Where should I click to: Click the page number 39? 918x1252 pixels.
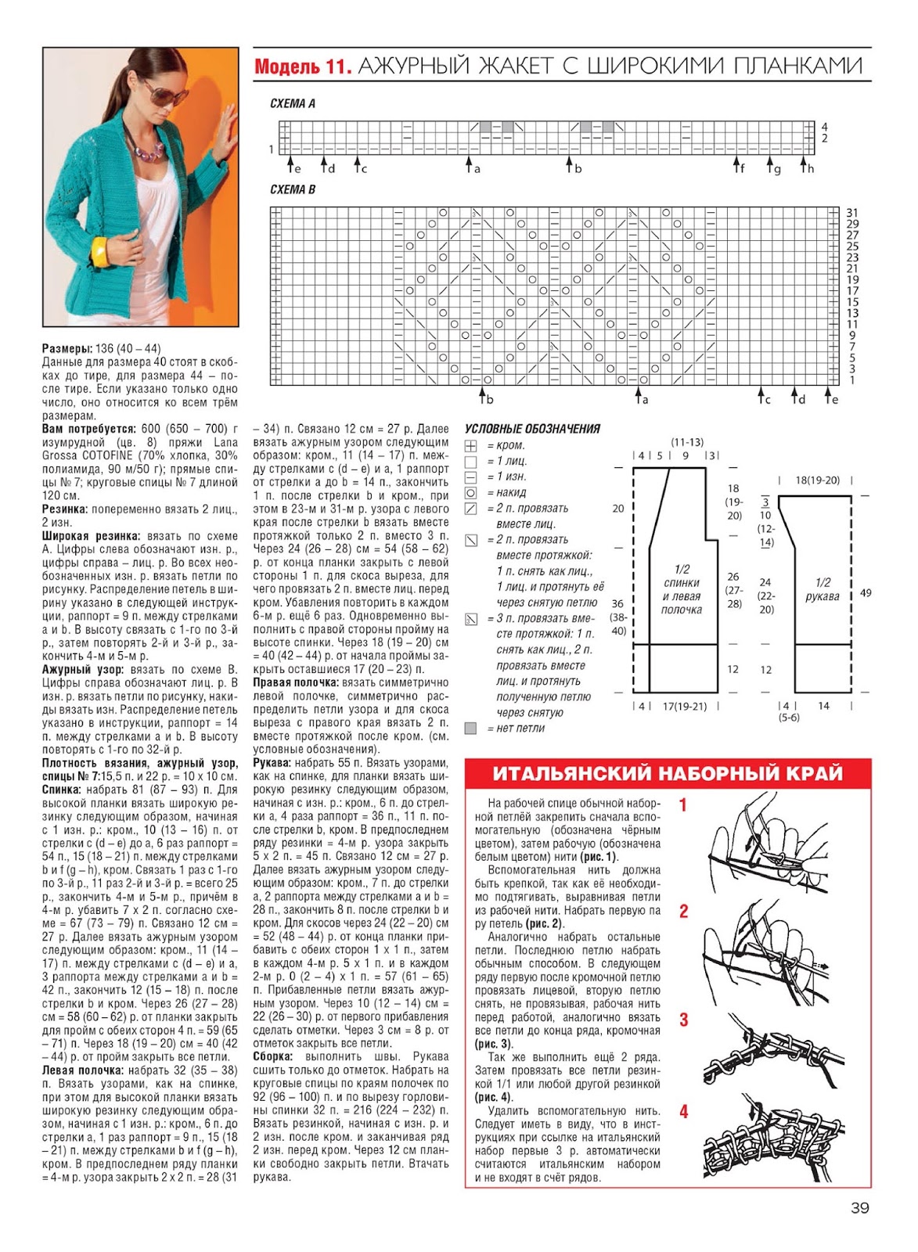click(859, 1208)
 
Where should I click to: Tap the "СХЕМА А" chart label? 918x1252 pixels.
click(292, 103)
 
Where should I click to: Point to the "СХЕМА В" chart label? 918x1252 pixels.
click(292, 189)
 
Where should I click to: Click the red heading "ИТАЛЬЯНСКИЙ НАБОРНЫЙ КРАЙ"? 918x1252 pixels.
click(668, 774)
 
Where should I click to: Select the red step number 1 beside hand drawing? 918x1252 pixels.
click(683, 804)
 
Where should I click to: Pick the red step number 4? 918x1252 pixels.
click(683, 1111)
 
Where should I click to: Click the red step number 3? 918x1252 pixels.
click(683, 1020)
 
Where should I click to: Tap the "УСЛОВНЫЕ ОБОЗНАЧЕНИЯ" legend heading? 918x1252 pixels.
click(532, 429)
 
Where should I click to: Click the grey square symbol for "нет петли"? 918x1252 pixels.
click(470, 729)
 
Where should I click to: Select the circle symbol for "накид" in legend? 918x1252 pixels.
click(470, 493)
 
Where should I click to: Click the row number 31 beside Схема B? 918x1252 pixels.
click(852, 213)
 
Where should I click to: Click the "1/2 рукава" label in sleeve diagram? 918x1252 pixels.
click(823, 589)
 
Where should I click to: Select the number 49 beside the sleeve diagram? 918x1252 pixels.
click(865, 593)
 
